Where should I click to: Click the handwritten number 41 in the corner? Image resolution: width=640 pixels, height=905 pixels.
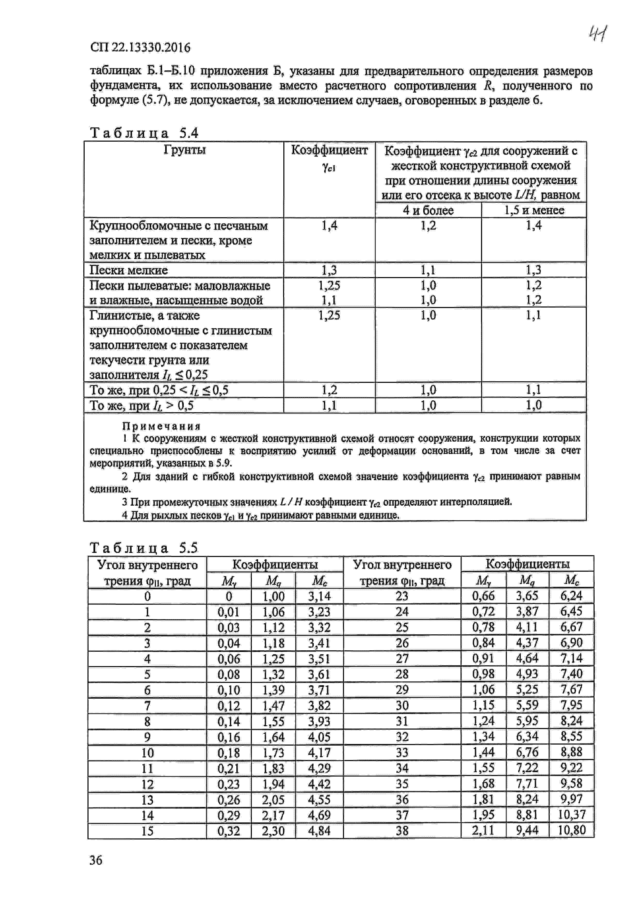click(x=598, y=34)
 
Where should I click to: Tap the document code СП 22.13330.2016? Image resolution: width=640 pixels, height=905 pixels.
click(x=140, y=48)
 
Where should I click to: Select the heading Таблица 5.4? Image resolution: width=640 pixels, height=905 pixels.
click(x=144, y=133)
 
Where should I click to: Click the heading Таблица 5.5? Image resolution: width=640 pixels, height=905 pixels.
click(x=144, y=548)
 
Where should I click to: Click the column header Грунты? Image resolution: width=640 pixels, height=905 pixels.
click(x=184, y=150)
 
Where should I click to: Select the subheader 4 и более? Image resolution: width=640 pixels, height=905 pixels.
click(x=428, y=210)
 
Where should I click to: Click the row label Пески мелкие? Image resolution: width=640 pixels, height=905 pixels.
click(x=129, y=270)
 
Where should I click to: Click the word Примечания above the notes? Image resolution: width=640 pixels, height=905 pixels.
click(x=162, y=426)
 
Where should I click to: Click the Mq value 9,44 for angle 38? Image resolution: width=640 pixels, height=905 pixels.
click(x=527, y=830)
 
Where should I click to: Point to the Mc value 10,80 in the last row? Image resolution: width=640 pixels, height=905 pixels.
click(x=571, y=830)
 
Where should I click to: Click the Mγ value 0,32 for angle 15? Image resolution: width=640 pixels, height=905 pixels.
click(x=228, y=831)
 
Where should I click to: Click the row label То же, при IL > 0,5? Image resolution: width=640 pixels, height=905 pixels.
click(x=142, y=405)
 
